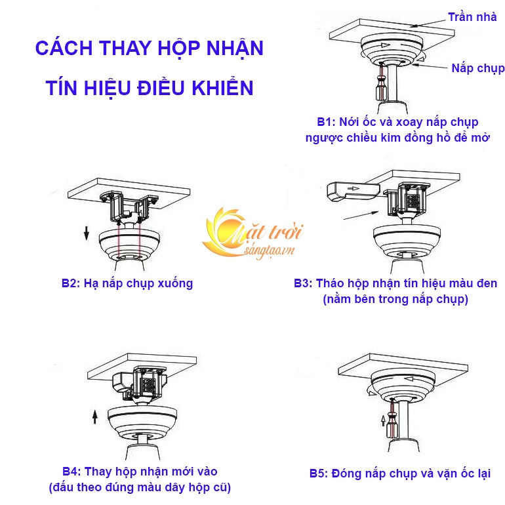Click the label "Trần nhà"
470,18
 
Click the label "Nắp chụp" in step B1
477,68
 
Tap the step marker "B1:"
326,122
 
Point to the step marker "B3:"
304,283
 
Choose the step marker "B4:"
71,472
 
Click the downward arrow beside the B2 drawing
85,232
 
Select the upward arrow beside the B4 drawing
95,416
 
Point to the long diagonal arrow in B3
361,211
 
